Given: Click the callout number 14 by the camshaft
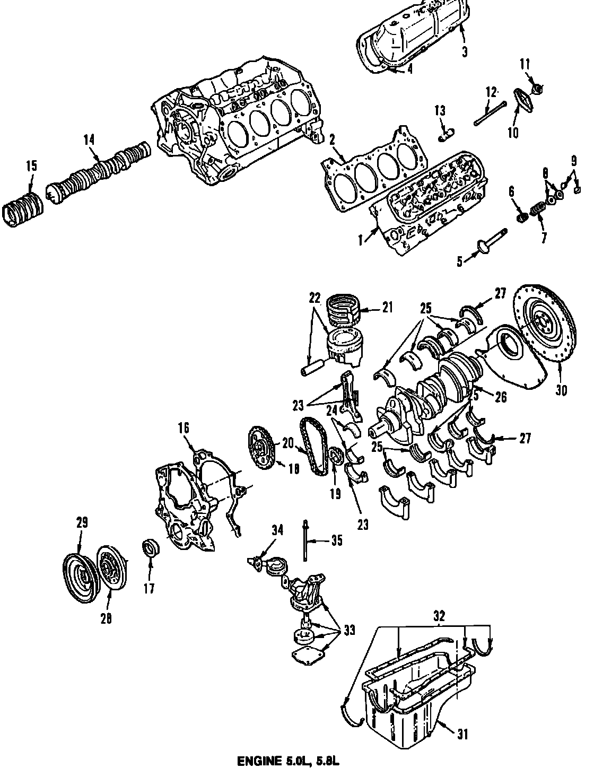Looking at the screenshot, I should tap(89, 140).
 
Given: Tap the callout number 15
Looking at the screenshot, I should tap(31, 166).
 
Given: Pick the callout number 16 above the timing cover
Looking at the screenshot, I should tap(183, 429).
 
